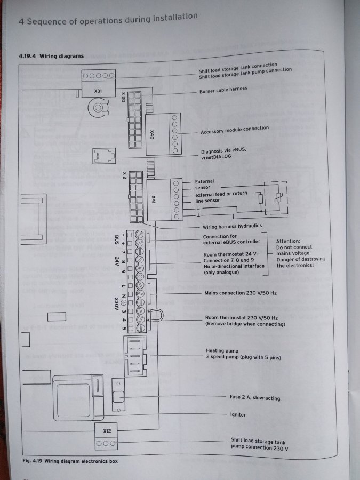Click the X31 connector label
[98, 91]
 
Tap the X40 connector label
[152, 134]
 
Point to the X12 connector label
[107, 431]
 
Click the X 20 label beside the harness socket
[123, 97]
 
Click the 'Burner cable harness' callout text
[223, 90]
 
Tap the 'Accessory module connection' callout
[235, 130]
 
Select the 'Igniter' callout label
[238, 415]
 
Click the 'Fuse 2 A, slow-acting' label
[255, 398]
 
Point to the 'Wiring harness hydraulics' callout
[233, 227]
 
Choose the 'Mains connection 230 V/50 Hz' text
[241, 293]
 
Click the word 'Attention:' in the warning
[288, 241]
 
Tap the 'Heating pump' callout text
[222, 351]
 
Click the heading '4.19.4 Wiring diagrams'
[51, 56]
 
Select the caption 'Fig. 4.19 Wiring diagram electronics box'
[70, 461]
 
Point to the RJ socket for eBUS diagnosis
[104, 156]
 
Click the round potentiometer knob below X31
[98, 107]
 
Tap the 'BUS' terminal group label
[116, 239]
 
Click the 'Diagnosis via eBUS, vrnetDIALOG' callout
[223, 154]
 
